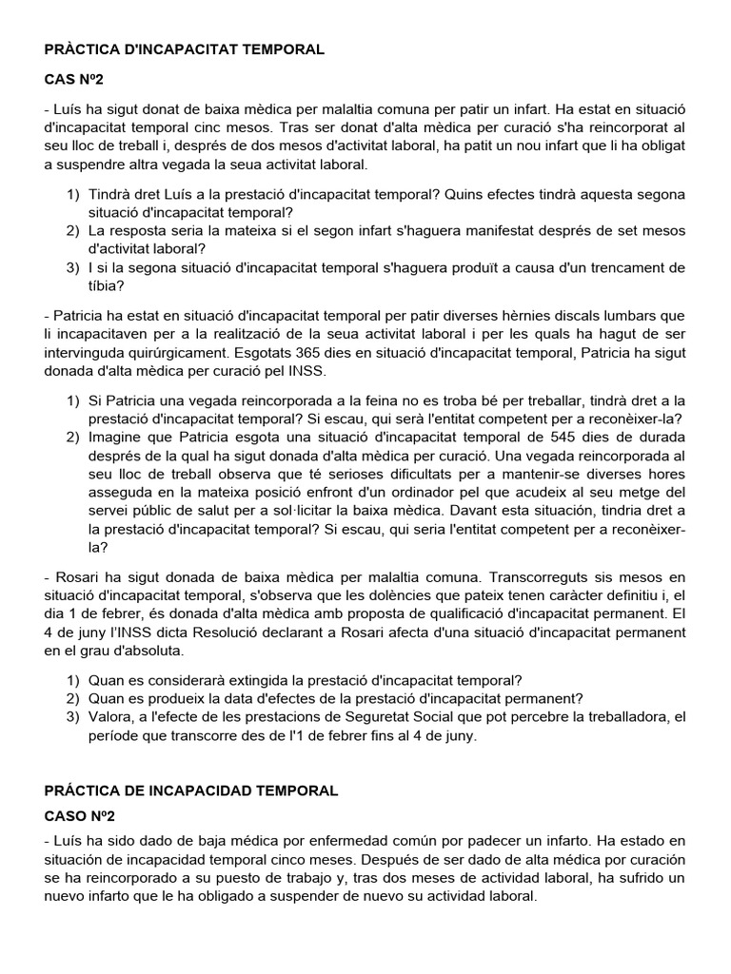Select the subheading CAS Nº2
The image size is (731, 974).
pos(78,83)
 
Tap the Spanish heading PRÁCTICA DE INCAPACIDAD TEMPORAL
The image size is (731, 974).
pos(191,790)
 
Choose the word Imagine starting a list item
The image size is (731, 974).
pos(120,438)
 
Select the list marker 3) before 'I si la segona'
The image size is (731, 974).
pos(73,268)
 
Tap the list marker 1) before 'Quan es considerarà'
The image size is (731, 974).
pos(73,681)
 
